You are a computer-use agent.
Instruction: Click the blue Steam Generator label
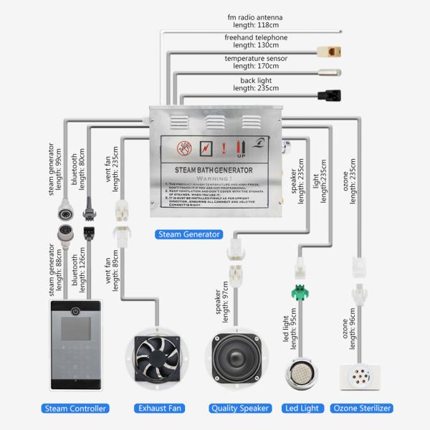(188, 234)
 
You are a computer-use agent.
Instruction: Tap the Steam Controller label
(76, 408)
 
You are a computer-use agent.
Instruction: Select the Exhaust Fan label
(159, 408)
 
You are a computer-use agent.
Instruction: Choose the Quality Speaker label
(241, 408)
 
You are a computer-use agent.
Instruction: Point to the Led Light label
(301, 408)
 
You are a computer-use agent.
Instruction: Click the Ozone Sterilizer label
(363, 408)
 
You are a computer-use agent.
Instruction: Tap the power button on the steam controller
(76, 311)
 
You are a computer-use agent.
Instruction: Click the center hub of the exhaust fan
(159, 358)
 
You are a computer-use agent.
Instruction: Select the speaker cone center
(241, 358)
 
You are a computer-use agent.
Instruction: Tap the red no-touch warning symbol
(185, 149)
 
